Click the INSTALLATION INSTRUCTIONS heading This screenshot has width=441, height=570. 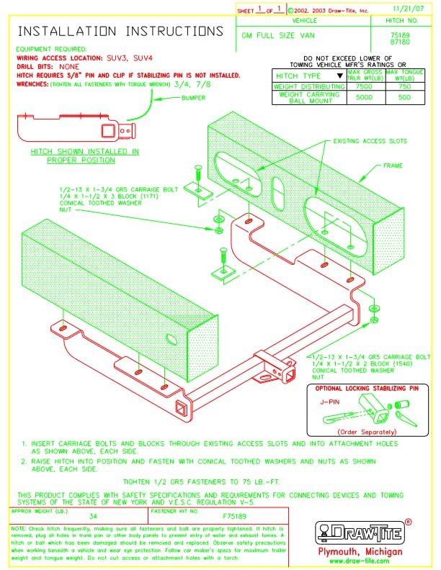click(x=120, y=32)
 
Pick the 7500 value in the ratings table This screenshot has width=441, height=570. click(x=365, y=86)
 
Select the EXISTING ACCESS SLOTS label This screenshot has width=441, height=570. click(x=370, y=142)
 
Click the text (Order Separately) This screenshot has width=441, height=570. click(x=372, y=431)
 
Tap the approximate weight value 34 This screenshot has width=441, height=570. click(x=93, y=517)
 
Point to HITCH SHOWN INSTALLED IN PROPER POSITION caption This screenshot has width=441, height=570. click(x=85, y=155)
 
